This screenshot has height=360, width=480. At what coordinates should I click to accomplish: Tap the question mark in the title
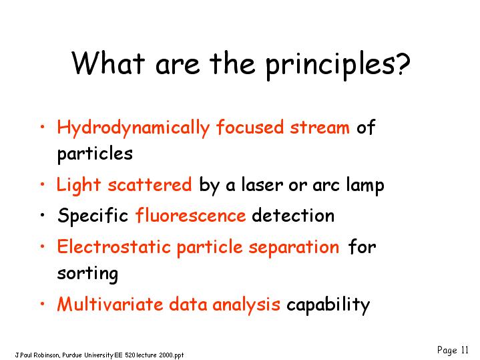click(x=401, y=63)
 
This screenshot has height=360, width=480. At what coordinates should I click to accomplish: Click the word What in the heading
click(x=108, y=63)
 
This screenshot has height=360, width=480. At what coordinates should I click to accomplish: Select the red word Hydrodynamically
click(x=133, y=128)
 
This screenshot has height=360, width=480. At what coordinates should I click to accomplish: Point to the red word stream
click(x=320, y=127)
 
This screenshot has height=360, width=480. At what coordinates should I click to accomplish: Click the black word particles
click(x=95, y=154)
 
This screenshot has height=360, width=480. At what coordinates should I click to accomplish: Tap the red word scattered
click(x=150, y=185)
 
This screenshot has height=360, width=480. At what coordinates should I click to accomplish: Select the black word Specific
click(x=93, y=216)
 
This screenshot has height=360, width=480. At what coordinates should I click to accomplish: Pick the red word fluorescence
click(x=190, y=215)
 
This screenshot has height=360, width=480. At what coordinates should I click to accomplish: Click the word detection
click(x=293, y=215)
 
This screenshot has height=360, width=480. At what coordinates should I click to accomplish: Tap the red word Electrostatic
click(x=113, y=246)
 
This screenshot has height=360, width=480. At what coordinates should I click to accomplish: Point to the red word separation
click(x=294, y=247)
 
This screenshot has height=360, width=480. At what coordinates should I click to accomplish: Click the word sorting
click(x=87, y=274)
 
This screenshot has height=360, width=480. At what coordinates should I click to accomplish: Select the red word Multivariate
click(x=110, y=304)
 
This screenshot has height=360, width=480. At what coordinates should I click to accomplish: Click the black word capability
click(x=328, y=305)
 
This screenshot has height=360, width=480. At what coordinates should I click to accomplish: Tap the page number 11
click(x=465, y=350)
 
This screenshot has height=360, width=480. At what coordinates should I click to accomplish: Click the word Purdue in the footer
click(x=73, y=355)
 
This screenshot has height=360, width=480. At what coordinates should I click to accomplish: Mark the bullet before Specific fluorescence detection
click(x=43, y=215)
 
